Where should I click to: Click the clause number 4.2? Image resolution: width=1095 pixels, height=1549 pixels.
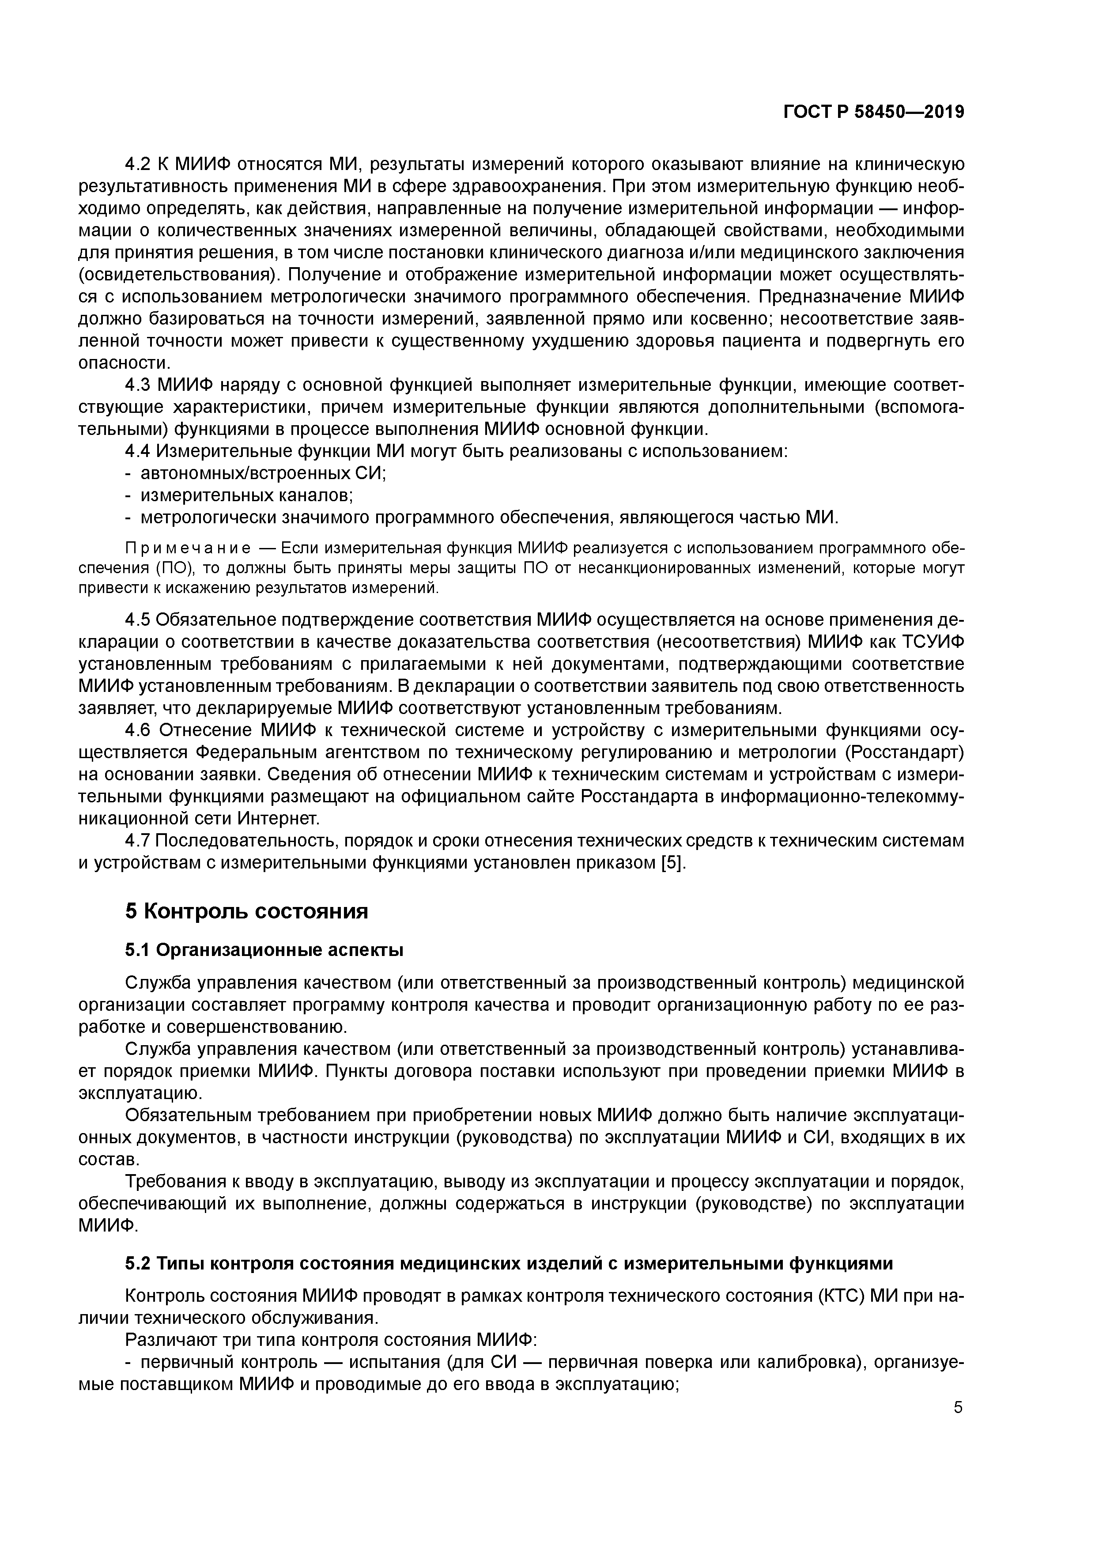(x=139, y=164)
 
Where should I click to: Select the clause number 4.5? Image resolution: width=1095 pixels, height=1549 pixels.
(x=139, y=620)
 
